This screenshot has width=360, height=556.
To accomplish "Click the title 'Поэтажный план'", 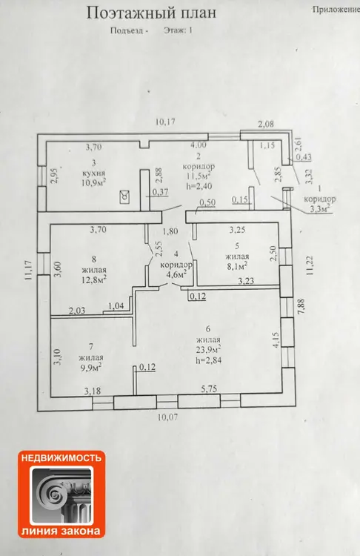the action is [151, 13].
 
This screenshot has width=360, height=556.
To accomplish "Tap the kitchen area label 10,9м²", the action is [94, 182].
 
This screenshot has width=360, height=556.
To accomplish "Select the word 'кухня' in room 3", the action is [93, 173].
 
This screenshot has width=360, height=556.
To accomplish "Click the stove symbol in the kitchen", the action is [124, 196].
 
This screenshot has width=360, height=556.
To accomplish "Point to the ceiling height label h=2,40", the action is [199, 185].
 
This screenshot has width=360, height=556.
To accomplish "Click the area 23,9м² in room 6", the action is [208, 350].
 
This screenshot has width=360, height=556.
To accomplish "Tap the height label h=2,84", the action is [209, 360].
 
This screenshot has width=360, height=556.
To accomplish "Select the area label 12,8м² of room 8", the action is [94, 279].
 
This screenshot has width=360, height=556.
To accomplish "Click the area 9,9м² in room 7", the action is [90, 368].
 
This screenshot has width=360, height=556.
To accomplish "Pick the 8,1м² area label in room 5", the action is [236, 265].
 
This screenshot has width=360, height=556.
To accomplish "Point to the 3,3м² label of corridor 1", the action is [321, 208].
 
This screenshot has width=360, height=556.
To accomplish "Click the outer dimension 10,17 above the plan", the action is [166, 122].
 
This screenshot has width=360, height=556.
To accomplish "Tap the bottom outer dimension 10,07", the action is [167, 417].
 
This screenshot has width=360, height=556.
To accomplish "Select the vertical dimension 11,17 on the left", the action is [28, 271].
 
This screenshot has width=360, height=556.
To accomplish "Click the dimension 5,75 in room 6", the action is [209, 389].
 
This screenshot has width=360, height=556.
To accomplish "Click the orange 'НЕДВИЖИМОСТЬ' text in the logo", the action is [61, 458].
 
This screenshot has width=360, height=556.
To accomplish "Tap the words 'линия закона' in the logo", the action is [61, 531].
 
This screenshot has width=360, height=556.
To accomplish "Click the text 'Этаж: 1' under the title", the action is [179, 30].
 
